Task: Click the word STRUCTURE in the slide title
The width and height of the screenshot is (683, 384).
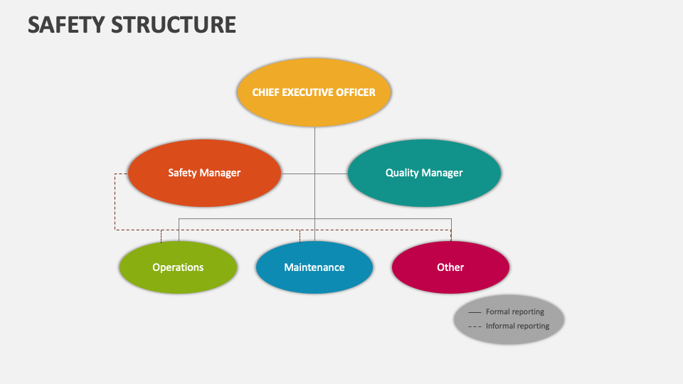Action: pos(174,25)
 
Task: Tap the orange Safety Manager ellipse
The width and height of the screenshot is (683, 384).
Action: pos(204,192)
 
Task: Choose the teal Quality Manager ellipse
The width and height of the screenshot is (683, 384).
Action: pos(424,192)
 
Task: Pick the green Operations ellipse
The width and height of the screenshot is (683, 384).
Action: pos(178,281)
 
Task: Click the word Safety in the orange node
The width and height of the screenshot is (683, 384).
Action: pos(182,173)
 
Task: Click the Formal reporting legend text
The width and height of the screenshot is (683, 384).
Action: pos(515,312)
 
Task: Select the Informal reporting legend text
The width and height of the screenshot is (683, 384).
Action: pos(518,326)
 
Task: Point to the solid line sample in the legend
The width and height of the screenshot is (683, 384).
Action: pos(475,312)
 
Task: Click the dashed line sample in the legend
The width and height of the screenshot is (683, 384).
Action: pos(475,326)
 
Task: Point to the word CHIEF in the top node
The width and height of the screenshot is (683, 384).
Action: pos(267,92)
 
